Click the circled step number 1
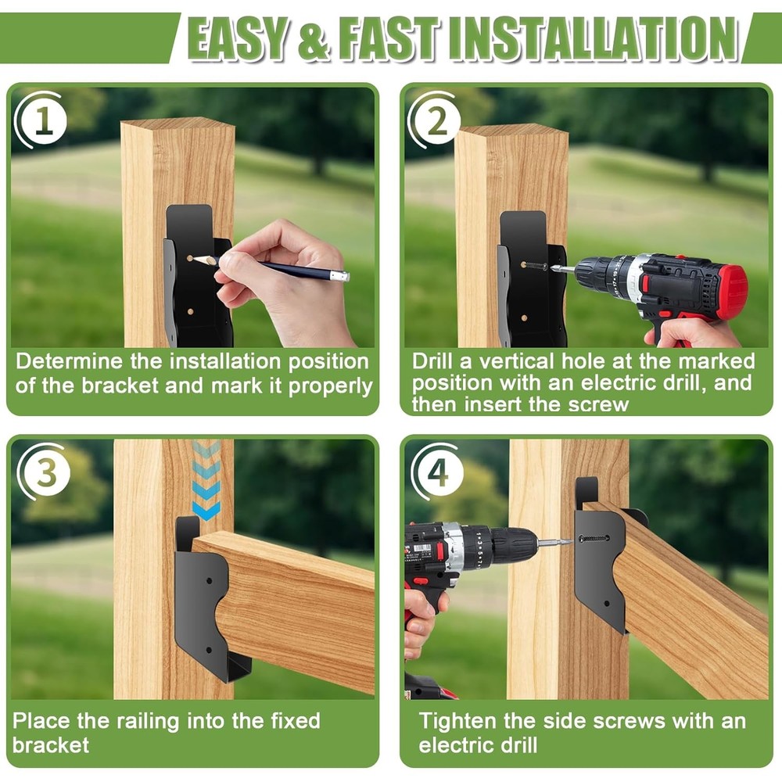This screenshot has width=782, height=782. click(44, 120)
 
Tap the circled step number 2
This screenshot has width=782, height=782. click(437, 121)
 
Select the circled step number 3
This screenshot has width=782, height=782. click(46, 472)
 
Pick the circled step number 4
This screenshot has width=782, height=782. click(438, 472)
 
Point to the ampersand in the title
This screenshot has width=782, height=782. click(314, 39)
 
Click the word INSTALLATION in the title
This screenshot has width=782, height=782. click(594, 38)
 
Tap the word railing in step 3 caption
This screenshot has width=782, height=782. click(148, 722)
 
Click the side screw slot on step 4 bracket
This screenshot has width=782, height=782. click(593, 539)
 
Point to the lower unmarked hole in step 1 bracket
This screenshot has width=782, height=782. click(190, 312)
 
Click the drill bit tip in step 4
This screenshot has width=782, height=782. click(570, 541)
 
